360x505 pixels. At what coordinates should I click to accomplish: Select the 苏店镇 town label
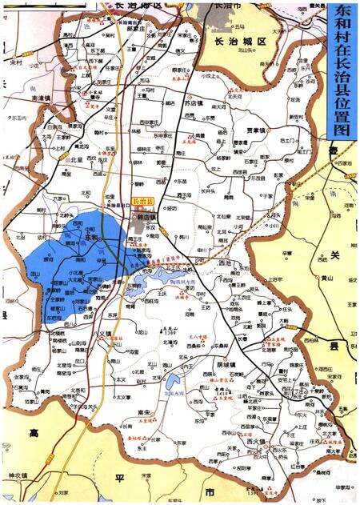click(x=194, y=103)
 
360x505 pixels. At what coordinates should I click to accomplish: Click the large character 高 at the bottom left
click(x=34, y=432)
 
